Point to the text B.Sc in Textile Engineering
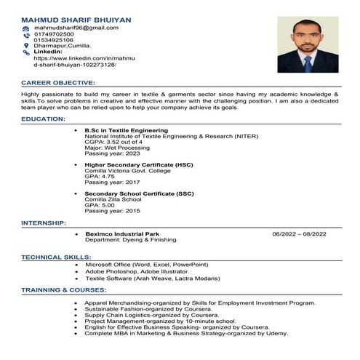126,130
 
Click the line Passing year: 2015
113,209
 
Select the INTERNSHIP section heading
44,223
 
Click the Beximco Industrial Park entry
121,233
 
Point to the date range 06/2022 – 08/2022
299,233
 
